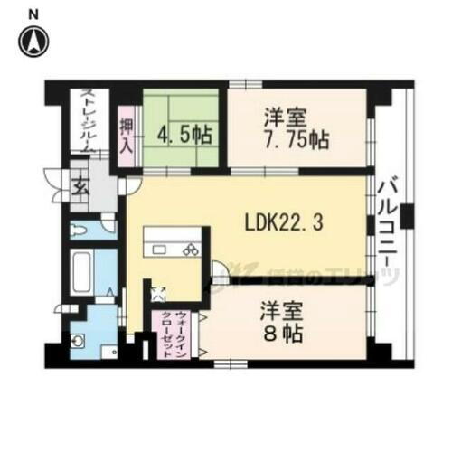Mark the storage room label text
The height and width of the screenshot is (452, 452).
[x=87, y=122]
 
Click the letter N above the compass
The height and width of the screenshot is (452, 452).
[x=34, y=14]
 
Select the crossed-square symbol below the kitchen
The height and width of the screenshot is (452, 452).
[x=158, y=291]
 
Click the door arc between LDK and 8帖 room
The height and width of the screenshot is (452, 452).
[x=220, y=270]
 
